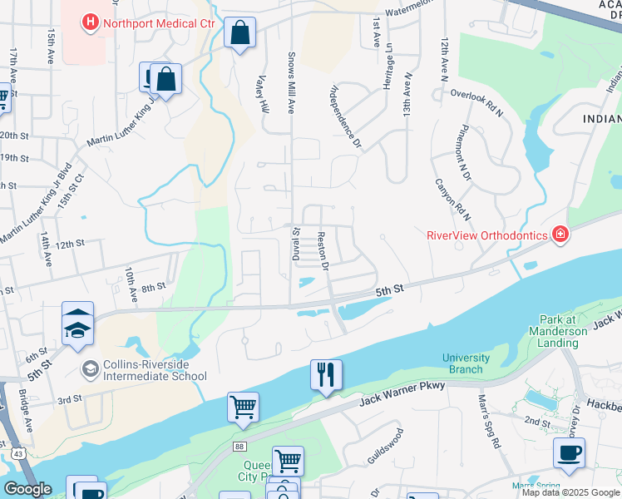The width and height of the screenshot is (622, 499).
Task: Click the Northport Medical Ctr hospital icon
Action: click(x=90, y=22)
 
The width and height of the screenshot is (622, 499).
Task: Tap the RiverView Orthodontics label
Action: click(x=486, y=235)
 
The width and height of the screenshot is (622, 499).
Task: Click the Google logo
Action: click(x=27, y=489)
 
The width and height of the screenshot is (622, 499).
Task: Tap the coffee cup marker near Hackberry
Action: click(x=569, y=453)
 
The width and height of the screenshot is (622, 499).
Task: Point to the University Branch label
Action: click(x=466, y=363)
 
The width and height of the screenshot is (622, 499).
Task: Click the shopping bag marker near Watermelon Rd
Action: click(x=239, y=34)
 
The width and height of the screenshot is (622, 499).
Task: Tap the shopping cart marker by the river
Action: click(x=243, y=407)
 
